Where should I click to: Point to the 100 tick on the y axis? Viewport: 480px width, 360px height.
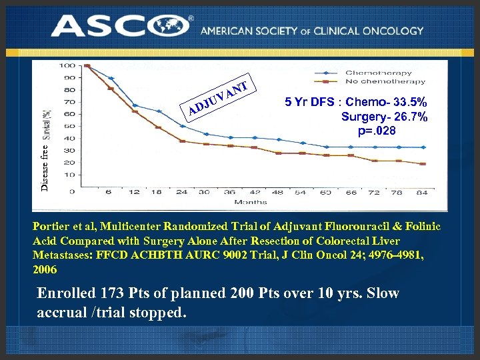click(x=66, y=65)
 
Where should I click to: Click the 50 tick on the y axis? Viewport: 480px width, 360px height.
click(x=69, y=126)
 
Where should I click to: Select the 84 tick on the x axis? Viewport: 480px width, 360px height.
click(x=422, y=192)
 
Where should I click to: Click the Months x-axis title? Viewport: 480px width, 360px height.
click(x=251, y=201)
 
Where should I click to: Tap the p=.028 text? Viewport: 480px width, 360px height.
click(x=377, y=131)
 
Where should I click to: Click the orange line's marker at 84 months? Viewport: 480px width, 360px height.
click(x=423, y=164)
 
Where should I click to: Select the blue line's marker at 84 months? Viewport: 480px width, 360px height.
click(x=423, y=147)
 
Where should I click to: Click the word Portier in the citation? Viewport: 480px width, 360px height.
click(x=51, y=227)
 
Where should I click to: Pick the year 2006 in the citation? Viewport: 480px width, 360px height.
click(x=45, y=270)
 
